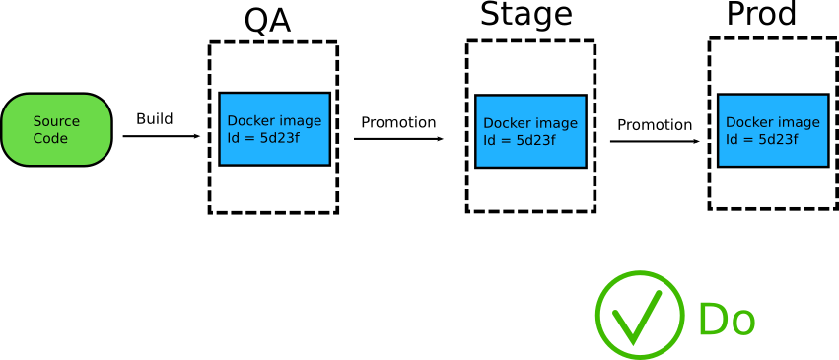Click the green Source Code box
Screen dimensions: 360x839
pyautogui.click(x=56, y=129)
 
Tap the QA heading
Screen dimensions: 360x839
pyautogui.click(x=267, y=21)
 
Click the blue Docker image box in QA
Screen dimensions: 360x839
pyautogui.click(x=274, y=129)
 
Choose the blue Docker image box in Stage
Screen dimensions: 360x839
pyautogui.click(x=530, y=131)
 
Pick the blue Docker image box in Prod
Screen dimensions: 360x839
pyautogui.click(x=772, y=130)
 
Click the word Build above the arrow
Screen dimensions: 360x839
pyautogui.click(x=154, y=119)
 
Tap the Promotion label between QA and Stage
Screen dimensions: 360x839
pyautogui.click(x=398, y=123)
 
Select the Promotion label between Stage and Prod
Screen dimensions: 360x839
pyautogui.click(x=655, y=125)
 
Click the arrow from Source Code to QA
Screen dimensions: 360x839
pyautogui.click(x=161, y=136)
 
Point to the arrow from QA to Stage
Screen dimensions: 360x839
pyautogui.click(x=398, y=139)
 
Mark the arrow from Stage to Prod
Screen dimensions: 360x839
pyautogui.click(x=655, y=141)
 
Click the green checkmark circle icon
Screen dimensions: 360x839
pyautogui.click(x=640, y=315)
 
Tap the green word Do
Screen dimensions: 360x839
pyautogui.click(x=727, y=320)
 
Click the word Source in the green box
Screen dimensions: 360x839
pyautogui.click(x=56, y=121)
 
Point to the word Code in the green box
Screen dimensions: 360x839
pyautogui.click(x=51, y=138)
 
